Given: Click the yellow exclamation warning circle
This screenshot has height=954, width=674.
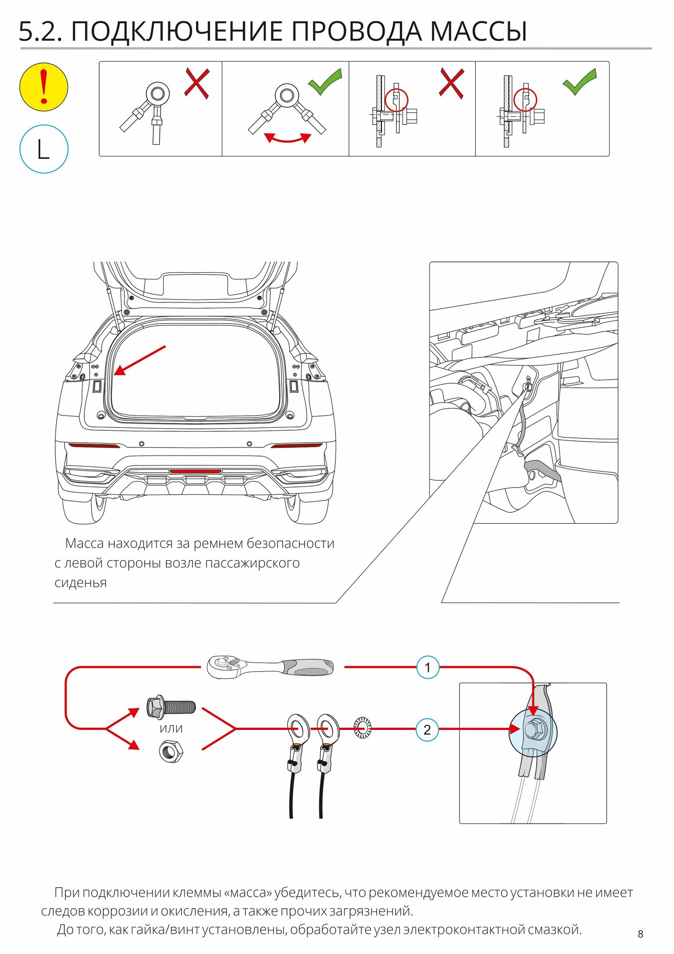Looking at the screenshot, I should (44, 87).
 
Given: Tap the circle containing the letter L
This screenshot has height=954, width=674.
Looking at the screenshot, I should (44, 149).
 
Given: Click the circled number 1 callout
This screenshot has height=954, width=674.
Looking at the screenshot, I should (427, 667).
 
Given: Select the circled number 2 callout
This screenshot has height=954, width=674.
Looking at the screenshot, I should (427, 729).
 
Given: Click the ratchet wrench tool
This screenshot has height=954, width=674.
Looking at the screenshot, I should (270, 666).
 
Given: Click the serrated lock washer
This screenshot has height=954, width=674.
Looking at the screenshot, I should (363, 728).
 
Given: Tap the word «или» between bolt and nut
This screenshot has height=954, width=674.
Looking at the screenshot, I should (171, 729).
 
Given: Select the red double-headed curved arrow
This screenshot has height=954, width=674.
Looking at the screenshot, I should (287, 138).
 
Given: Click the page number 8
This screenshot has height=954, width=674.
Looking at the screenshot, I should (640, 934).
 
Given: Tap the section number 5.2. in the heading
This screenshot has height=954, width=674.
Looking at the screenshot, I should (40, 32).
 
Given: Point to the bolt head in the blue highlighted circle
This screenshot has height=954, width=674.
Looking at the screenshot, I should (532, 729).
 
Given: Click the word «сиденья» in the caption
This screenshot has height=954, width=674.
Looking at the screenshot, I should (81, 583).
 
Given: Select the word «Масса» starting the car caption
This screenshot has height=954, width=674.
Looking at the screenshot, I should (84, 544).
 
